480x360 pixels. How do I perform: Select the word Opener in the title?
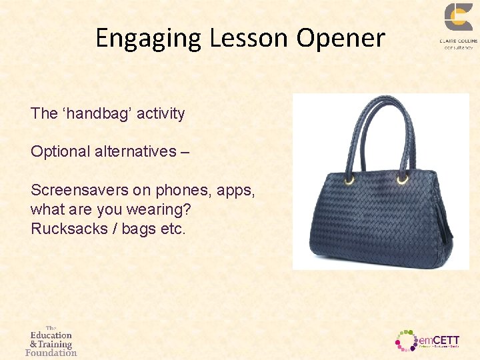pyautogui.click(x=341, y=39)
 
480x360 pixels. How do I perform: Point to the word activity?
pyautogui.click(x=161, y=113)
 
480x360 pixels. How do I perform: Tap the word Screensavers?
pyautogui.click(x=79, y=190)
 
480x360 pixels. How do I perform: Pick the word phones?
pyautogui.click(x=177, y=190)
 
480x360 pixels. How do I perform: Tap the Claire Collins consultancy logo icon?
pyautogui.click(x=459, y=17)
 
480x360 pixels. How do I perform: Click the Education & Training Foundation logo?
pyautogui.click(x=51, y=341)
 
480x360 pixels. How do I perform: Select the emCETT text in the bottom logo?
pyautogui.click(x=439, y=340)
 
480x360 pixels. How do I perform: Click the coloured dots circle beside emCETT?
pyautogui.click(x=406, y=340)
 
